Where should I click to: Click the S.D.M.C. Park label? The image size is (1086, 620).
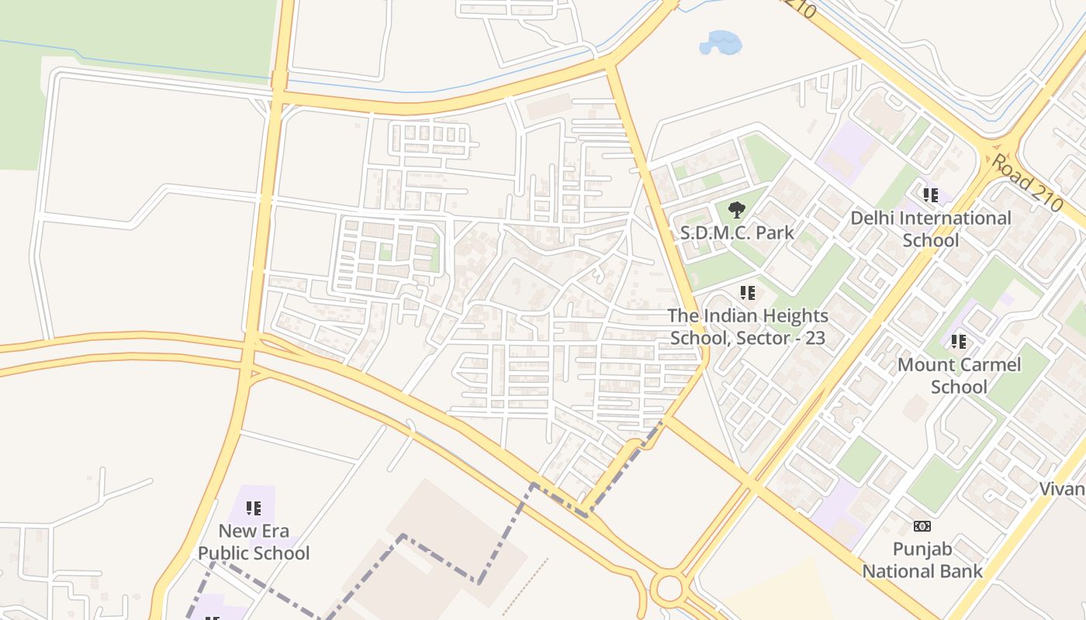(737, 232)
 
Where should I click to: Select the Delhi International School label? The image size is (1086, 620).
(931, 229)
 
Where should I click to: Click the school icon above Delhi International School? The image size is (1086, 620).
(931, 195)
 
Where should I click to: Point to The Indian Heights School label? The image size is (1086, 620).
(748, 326)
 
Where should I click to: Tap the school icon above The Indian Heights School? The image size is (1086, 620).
(748, 293)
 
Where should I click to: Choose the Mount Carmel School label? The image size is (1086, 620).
(959, 375)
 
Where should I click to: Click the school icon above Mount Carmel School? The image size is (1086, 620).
(959, 342)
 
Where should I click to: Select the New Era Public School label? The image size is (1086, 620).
(254, 542)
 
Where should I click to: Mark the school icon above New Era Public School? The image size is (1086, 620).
(254, 508)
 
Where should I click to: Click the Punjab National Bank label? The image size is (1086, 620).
(922, 560)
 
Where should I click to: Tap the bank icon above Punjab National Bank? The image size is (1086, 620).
(922, 527)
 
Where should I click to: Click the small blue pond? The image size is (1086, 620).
(721, 43)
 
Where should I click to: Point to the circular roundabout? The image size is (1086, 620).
(668, 588)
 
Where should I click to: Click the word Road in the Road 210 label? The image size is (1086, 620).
(1012, 175)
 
